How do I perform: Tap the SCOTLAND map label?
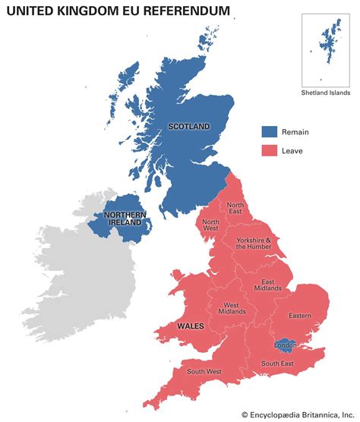pyautogui.click(x=188, y=126)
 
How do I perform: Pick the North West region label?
pyautogui.click(x=210, y=225)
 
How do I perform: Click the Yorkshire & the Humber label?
pyautogui.click(x=252, y=244)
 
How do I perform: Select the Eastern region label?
pyautogui.click(x=301, y=316)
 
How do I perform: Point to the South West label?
pyautogui.click(x=204, y=372)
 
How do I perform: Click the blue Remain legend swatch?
pyautogui.click(x=270, y=131)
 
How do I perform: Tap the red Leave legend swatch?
pyautogui.click(x=270, y=150)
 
